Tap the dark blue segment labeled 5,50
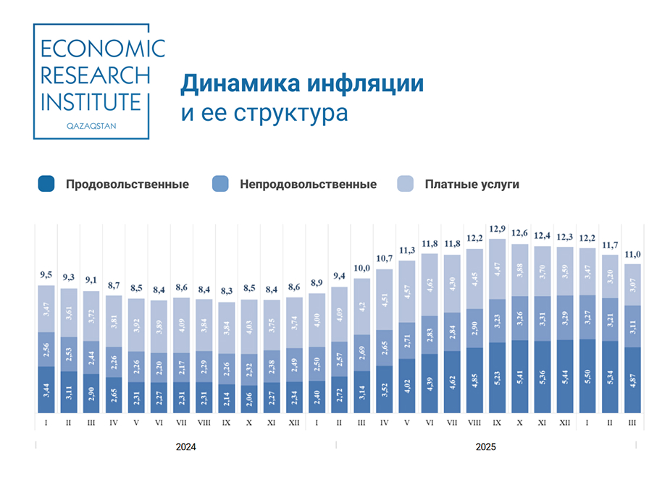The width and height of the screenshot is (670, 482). coord(587,376)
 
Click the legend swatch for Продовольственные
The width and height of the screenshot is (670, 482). coord(46,184)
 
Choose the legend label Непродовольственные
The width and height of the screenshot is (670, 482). coord(308,185)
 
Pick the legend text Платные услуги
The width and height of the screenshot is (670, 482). coord(472,185)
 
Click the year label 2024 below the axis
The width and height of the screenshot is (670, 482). coord(186,447)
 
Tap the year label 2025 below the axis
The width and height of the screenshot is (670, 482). coord(485,447)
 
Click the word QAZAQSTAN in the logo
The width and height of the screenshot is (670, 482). coord(91,124)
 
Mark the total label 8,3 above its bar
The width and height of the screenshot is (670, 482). coord(227,292)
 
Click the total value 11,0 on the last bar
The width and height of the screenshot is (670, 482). coord(632,254)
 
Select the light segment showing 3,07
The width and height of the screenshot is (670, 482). coord(632,284)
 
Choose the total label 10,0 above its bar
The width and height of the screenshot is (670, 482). coord(362,269)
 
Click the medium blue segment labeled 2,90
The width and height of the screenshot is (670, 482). coord(474,328)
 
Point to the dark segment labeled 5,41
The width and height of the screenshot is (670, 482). coord(519,377)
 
